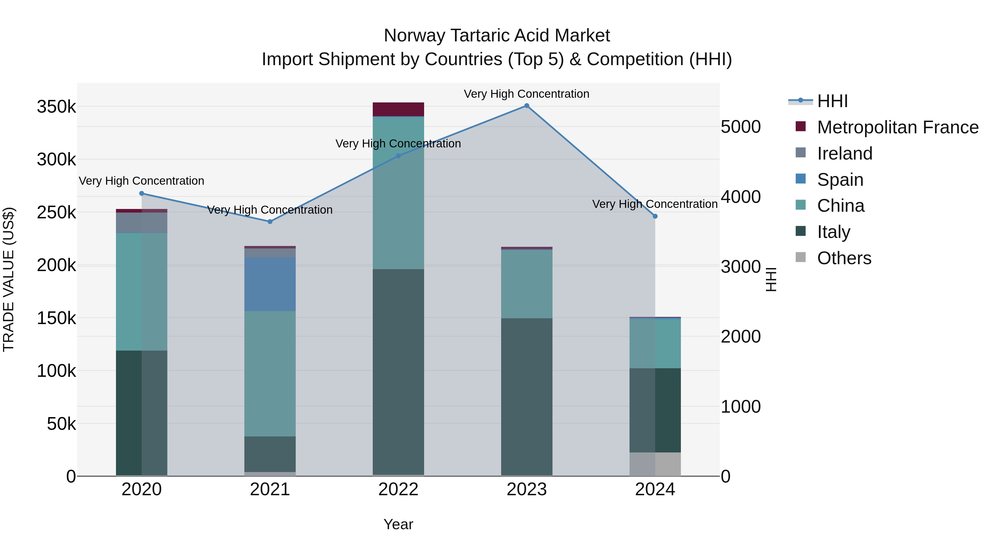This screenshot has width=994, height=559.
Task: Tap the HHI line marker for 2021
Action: click(270, 221)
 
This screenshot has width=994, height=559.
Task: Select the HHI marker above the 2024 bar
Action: click(655, 216)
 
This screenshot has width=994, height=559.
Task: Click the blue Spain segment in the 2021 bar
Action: click(270, 284)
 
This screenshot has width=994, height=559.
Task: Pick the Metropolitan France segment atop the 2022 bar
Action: click(398, 109)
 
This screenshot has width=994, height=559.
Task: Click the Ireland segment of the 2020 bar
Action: click(142, 222)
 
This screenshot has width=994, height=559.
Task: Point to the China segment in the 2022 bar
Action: click(398, 193)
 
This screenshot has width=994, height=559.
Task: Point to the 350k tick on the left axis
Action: click(56, 107)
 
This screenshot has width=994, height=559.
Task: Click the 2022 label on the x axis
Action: click(398, 489)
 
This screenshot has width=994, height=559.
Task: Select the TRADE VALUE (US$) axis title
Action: click(9, 279)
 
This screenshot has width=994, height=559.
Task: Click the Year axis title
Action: click(398, 524)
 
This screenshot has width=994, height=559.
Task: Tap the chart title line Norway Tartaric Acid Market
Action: click(497, 36)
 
